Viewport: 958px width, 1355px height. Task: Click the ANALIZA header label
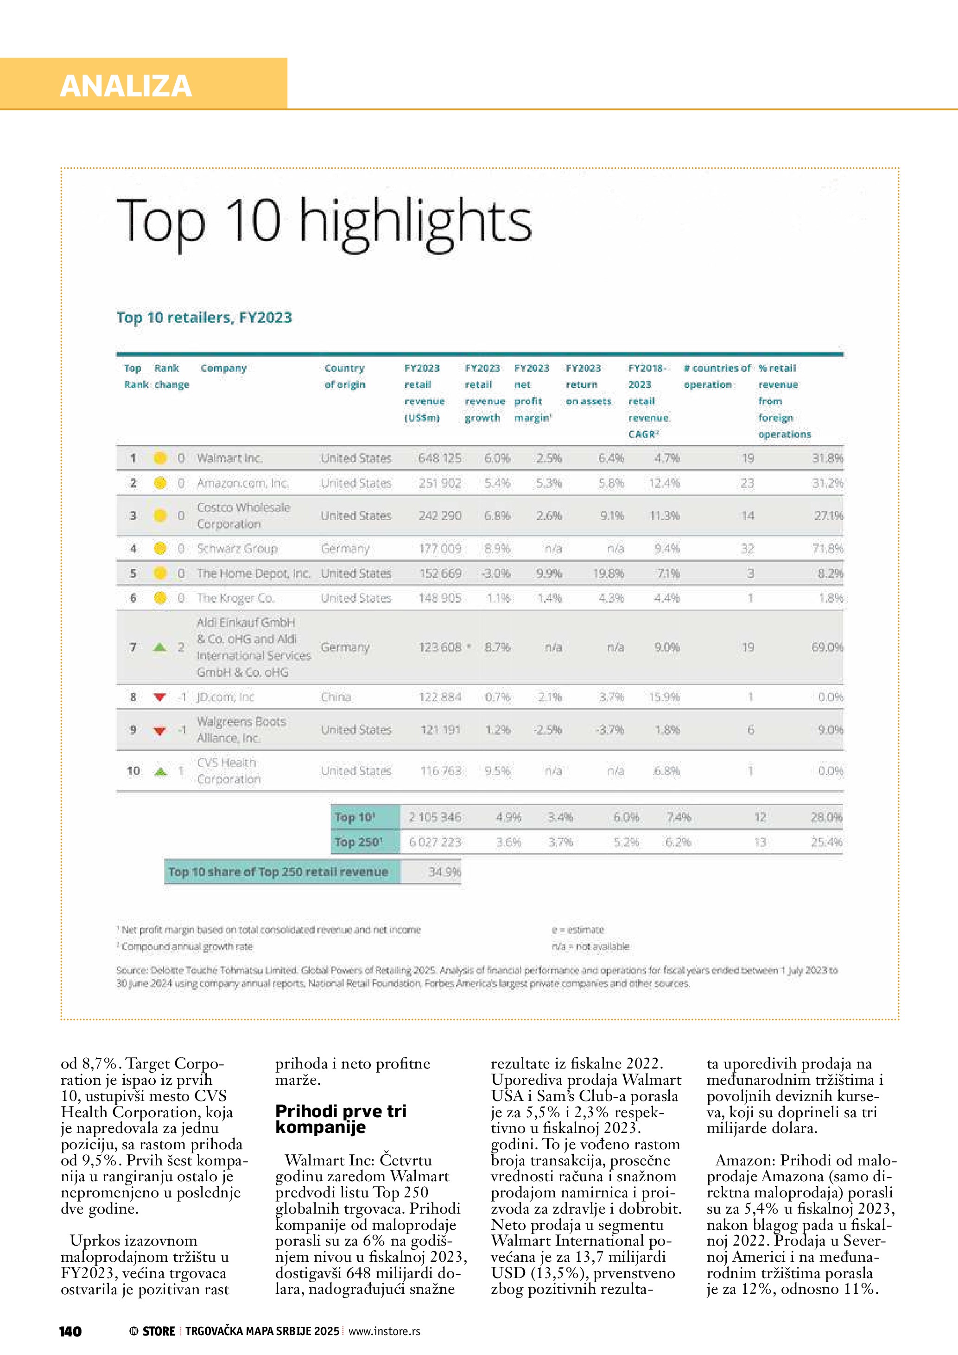(126, 86)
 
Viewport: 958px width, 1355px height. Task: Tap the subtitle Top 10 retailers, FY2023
(204, 318)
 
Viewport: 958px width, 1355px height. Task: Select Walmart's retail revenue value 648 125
(439, 458)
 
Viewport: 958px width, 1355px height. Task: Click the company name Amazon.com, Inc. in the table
(242, 483)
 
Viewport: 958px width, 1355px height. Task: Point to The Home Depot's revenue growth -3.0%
(497, 573)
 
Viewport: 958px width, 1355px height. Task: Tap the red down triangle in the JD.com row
(159, 697)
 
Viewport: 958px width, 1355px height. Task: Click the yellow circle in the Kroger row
(159, 598)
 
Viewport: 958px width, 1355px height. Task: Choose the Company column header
(223, 368)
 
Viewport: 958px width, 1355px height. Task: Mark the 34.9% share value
(444, 872)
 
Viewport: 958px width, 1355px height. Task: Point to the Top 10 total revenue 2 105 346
(435, 817)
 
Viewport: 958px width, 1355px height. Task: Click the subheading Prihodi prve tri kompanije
(341, 1119)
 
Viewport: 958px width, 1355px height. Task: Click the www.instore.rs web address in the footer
(384, 1331)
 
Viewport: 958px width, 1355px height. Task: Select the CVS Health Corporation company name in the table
(229, 771)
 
